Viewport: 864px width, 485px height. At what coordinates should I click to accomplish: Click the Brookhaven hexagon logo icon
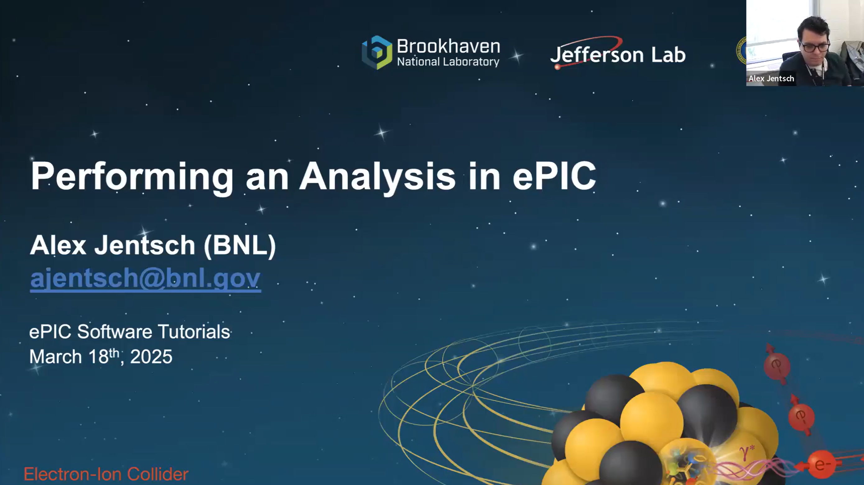[377, 53]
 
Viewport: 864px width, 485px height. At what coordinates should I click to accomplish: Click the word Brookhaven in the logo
[448, 46]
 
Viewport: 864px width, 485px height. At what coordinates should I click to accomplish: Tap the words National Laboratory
[448, 62]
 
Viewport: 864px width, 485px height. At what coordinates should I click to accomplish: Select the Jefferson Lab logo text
[618, 55]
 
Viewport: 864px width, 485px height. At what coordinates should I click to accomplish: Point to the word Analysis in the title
[377, 177]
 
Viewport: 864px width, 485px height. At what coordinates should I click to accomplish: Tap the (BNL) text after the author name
[239, 245]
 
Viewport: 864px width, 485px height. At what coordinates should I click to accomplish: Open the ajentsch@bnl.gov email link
[145, 278]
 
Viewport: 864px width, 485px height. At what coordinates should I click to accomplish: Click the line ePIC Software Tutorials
[129, 332]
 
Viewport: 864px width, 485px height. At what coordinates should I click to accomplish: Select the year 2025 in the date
[151, 357]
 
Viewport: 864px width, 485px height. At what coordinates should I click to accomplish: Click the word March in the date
[55, 357]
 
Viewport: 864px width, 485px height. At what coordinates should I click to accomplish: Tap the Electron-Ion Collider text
[106, 474]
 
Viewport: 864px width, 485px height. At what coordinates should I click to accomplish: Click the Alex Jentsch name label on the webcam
[771, 78]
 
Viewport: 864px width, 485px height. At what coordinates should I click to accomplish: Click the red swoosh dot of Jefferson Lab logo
[557, 67]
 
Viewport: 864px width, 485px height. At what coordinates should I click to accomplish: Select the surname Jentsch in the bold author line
[145, 245]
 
